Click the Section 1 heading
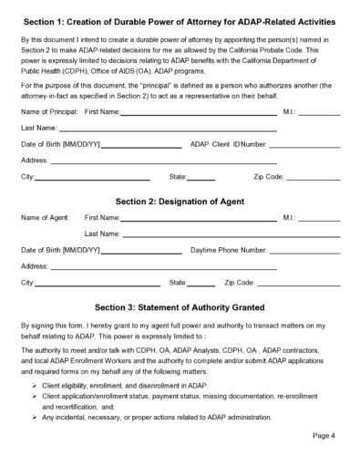point(179,20)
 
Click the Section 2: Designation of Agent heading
point(179,200)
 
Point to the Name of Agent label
point(45,219)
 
